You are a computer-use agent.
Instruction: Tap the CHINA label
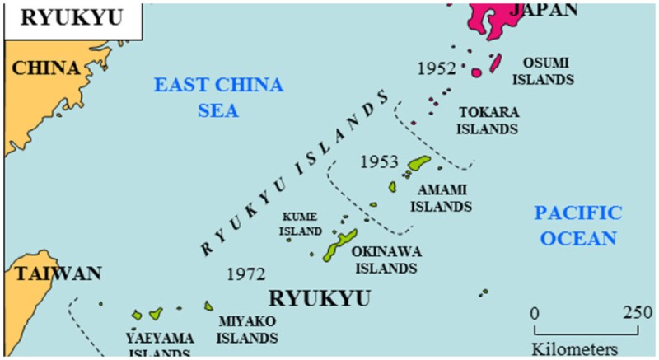click(48, 68)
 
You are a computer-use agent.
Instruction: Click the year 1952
click(437, 68)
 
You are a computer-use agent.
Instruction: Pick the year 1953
click(379, 161)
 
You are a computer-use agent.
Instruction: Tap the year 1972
click(245, 273)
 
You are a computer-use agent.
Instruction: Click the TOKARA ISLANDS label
click(488, 120)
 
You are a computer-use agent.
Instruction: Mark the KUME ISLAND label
click(299, 224)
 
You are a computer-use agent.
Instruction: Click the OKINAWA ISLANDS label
click(384, 259)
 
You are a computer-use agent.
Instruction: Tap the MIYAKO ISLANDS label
click(247, 329)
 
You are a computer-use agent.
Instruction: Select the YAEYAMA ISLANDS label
click(160, 345)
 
